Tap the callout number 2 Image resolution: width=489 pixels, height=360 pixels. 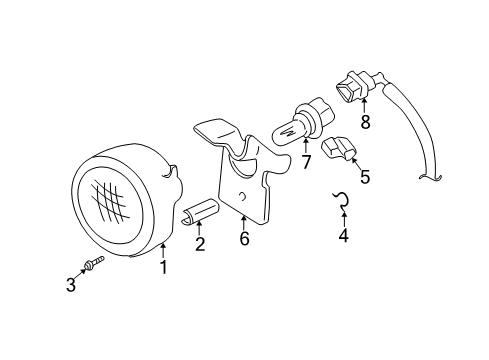200,245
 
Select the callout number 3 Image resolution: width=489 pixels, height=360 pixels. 71,285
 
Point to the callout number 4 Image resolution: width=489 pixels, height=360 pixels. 343,237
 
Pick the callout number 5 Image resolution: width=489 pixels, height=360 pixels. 364,178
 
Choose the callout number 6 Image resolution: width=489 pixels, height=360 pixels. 243,238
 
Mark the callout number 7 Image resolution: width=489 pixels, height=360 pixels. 306,161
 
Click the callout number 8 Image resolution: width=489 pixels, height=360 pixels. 365,123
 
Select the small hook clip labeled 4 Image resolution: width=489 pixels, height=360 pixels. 343,203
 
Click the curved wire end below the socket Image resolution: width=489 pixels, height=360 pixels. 433,178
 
